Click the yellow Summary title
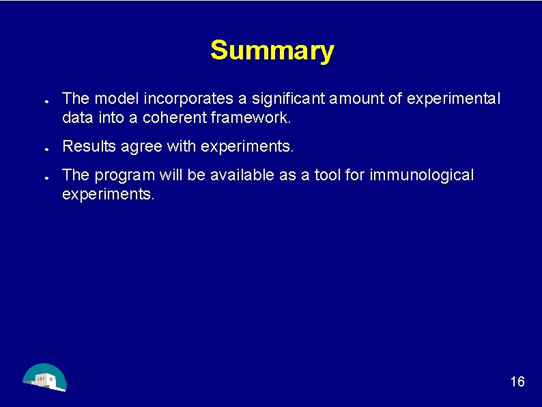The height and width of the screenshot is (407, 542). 272,51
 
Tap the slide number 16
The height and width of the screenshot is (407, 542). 517,382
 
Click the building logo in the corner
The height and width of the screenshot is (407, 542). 44,378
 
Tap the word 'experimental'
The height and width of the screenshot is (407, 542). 453,99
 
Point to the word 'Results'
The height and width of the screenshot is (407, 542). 85,146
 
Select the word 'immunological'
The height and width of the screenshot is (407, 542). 421,176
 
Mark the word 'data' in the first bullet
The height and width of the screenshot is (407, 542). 75,117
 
